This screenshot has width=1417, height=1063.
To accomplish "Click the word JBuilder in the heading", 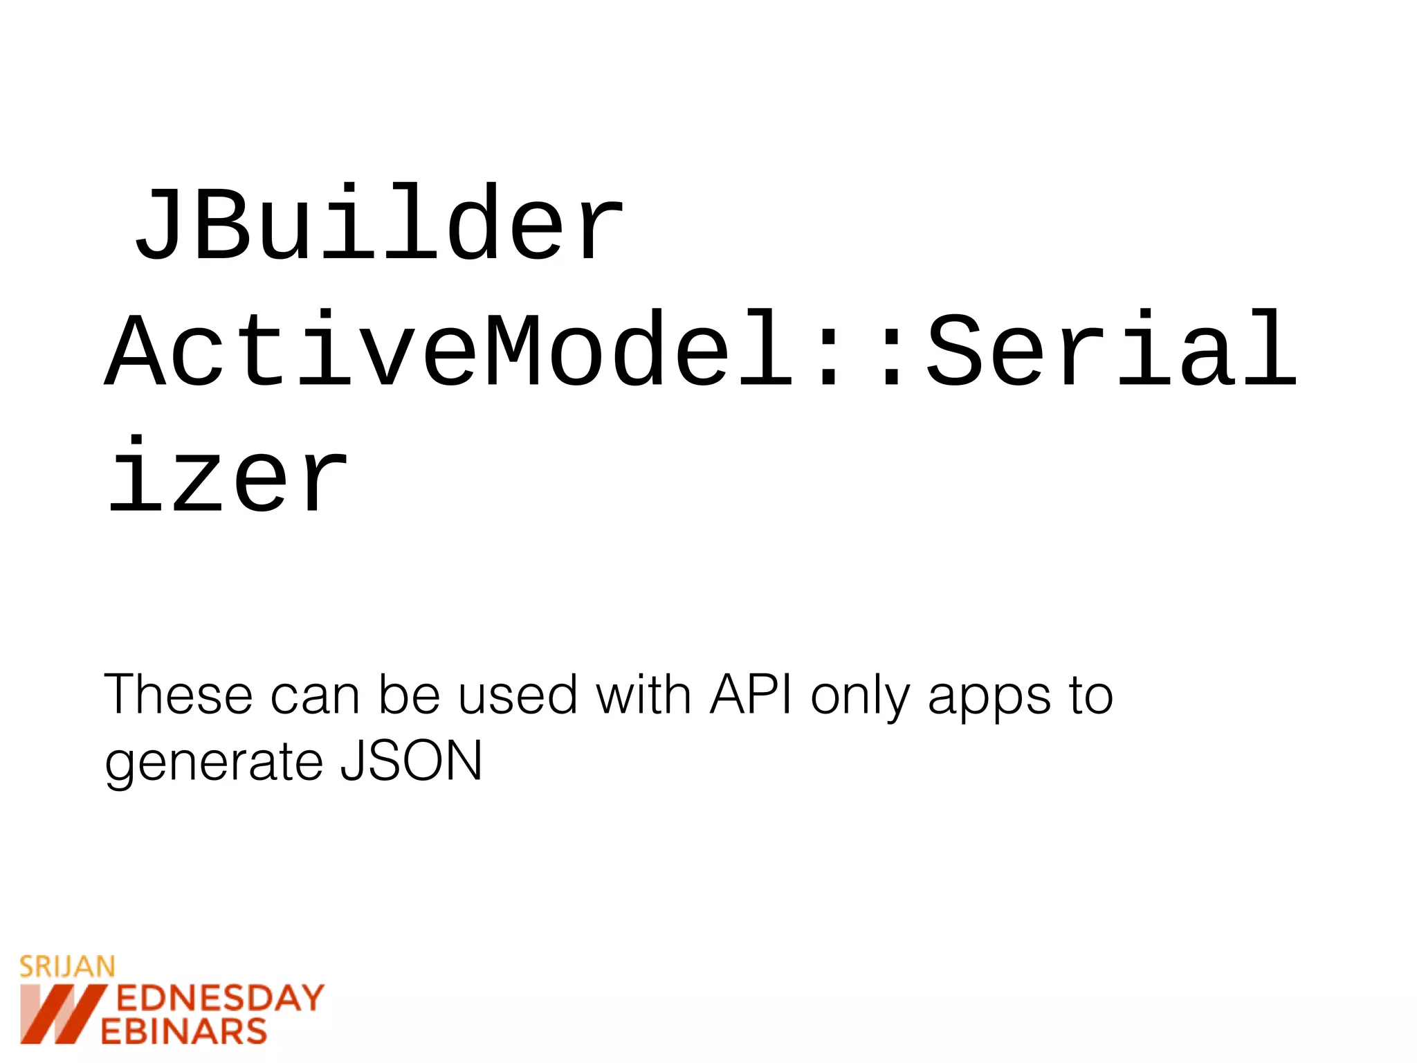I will tap(379, 223).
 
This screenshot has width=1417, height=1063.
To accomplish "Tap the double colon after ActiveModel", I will tap(861, 349).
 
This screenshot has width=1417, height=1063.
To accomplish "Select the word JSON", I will tap(411, 761).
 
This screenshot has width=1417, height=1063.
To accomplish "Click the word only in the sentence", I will tap(861, 696).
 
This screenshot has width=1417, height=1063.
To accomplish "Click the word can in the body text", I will tap(315, 696).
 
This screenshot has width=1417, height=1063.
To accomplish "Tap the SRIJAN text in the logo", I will tap(67, 967).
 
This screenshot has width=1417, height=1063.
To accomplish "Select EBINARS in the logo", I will tap(184, 1031).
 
